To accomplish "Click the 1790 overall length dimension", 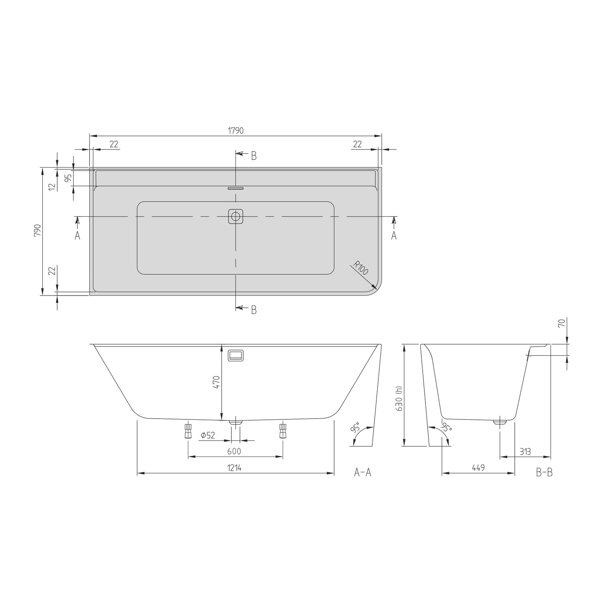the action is tap(235, 131).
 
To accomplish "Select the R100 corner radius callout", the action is tap(360, 268).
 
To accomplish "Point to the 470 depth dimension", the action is tap(216, 382).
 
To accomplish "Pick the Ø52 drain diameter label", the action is tap(208, 436).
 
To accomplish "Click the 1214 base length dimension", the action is tap(234, 468).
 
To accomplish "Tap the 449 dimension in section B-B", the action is tap(478, 468).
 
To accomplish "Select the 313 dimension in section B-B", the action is tap(525, 451).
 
